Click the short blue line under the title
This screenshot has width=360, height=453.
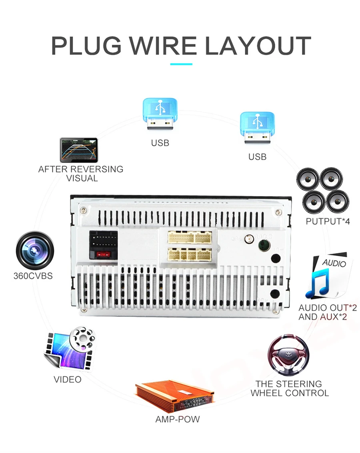point(181,64)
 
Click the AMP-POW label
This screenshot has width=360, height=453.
point(177,420)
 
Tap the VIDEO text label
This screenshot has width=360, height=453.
point(68,379)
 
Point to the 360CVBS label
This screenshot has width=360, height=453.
point(33,276)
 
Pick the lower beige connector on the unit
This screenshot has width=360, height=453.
point(190,254)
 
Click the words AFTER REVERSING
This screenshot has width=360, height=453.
point(81,169)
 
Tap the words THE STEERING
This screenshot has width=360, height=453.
point(289,384)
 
